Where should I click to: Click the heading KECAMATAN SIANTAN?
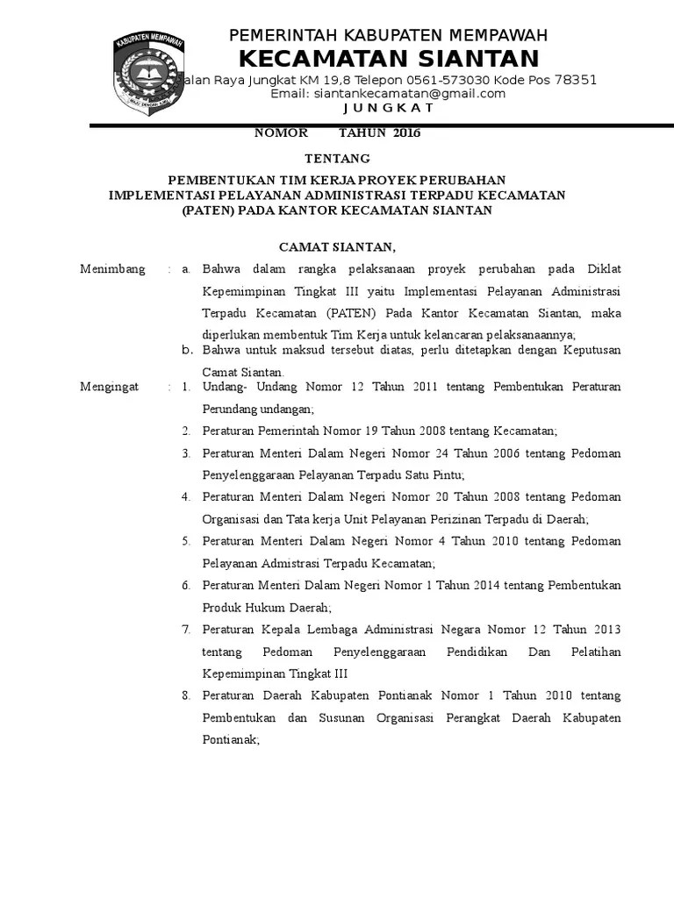pyautogui.click(x=389, y=59)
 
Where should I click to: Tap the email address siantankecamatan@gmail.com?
pyautogui.click(x=388, y=94)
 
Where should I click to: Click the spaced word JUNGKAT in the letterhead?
pyautogui.click(x=388, y=108)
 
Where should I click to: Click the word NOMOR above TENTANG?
pyautogui.click(x=281, y=133)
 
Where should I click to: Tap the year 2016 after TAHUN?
pyautogui.click(x=407, y=133)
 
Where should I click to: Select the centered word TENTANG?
pyautogui.click(x=337, y=159)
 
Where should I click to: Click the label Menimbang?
pyautogui.click(x=112, y=269)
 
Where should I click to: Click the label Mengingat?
pyautogui.click(x=109, y=387)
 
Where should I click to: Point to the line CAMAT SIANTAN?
pyautogui.click(x=337, y=246)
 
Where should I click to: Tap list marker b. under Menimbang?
pyautogui.click(x=186, y=350)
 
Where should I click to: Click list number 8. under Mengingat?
pyautogui.click(x=186, y=695)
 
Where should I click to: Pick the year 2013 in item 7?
pyautogui.click(x=606, y=629)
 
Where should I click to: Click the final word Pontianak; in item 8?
pyautogui.click(x=231, y=739)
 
